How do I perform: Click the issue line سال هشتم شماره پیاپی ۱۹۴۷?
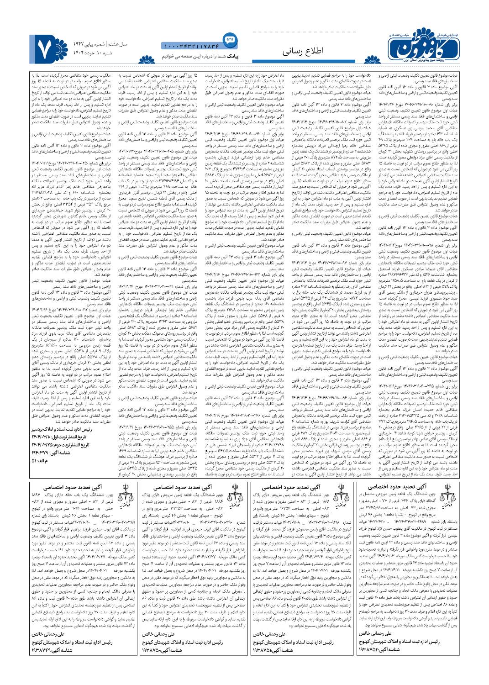89,44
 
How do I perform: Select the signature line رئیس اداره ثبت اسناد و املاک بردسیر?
62,430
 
